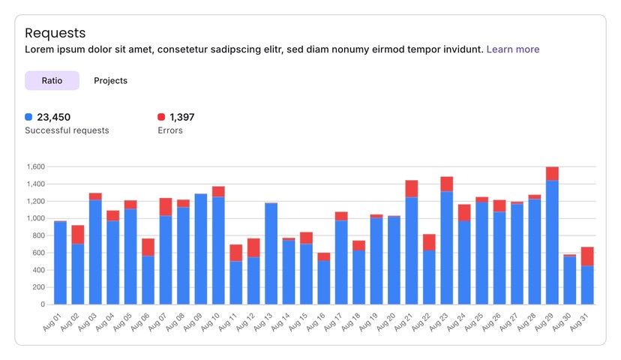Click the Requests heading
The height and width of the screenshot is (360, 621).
(x=55, y=33)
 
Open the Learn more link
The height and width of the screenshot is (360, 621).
(x=513, y=49)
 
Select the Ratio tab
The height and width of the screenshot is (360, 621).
(x=52, y=80)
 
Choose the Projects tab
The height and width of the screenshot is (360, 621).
(x=110, y=80)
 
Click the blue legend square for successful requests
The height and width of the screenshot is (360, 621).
(x=28, y=117)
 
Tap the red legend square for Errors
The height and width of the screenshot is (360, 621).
(x=161, y=117)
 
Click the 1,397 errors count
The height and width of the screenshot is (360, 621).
(x=182, y=117)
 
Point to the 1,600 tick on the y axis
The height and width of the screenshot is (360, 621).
(x=34, y=166)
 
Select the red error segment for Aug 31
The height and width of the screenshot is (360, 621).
(x=587, y=256)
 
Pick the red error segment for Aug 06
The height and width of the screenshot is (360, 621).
(x=148, y=247)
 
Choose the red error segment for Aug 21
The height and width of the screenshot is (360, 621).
(x=412, y=188)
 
